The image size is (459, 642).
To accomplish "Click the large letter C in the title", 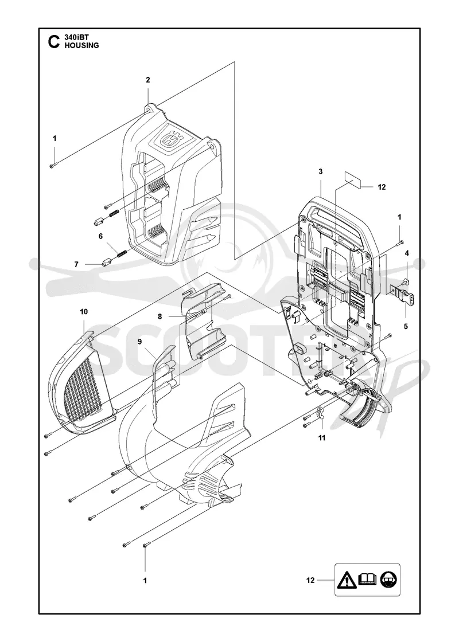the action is pos(54,42).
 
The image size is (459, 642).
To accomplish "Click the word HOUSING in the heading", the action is pos(81,45).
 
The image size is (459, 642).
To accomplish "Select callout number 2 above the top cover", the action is pos(148,80).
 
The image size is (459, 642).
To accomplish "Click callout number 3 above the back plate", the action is pos(321,171).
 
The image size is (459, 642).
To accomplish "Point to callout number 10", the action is pos(84,312).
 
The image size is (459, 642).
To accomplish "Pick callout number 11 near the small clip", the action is pos(322,438).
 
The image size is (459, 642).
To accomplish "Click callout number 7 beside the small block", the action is pos(76,264).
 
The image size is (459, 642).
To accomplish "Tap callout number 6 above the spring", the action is pos(100,236).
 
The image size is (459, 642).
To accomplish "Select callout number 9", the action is pos(140,342).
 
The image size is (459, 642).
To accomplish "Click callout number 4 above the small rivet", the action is pos(407,253).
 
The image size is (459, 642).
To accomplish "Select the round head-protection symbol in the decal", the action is pos(388,580).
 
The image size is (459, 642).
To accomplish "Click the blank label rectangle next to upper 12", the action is pos(353,180).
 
